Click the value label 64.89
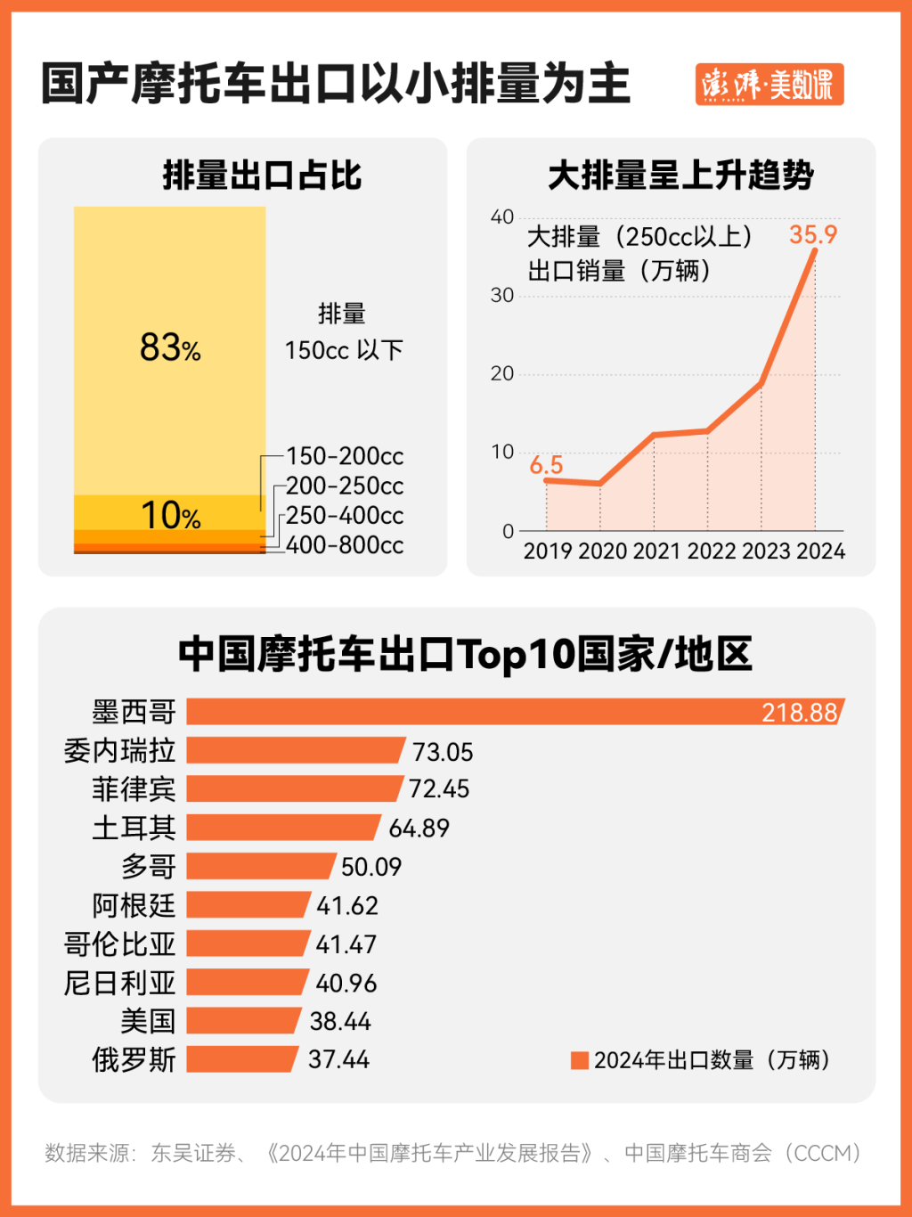pyautogui.click(x=419, y=829)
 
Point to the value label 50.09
pyautogui.click(x=371, y=867)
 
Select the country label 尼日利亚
pyautogui.click(x=119, y=983)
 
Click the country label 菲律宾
pyautogui.click(x=134, y=789)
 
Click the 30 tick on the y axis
pyautogui.click(x=502, y=296)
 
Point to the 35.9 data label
pyautogui.click(x=813, y=234)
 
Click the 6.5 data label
pyautogui.click(x=546, y=465)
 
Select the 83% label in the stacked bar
pyautogui.click(x=170, y=347)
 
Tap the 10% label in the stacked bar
pyautogui.click(x=170, y=516)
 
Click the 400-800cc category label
pyautogui.click(x=345, y=545)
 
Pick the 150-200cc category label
pyautogui.click(x=345, y=456)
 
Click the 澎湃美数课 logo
pyautogui.click(x=769, y=85)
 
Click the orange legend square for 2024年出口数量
pyautogui.click(x=580, y=1060)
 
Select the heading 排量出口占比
pyautogui.click(x=262, y=176)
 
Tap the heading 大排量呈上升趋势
pyautogui.click(x=680, y=176)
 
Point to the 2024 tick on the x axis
pyautogui.click(x=820, y=551)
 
